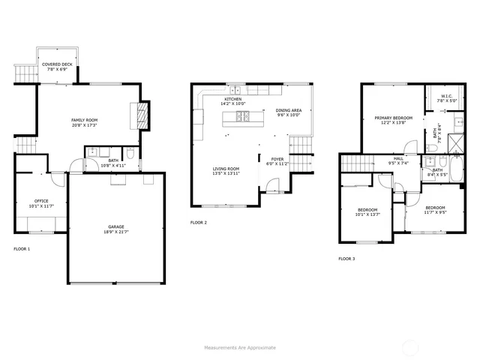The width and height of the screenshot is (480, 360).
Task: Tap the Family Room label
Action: pos(84,120)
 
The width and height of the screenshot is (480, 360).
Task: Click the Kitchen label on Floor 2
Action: pos(233,100)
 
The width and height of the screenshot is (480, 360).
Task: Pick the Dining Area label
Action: pos(288,111)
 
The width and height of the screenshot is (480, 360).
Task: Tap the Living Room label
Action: pos(226,169)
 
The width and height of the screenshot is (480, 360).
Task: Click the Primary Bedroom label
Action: pos(393,118)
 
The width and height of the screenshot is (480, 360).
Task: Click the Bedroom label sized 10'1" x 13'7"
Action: pos(367,209)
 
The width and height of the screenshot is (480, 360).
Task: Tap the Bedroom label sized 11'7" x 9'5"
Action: pos(435,207)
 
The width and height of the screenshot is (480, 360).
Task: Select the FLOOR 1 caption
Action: pos(22,248)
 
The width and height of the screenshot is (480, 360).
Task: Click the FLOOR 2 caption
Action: pos(198,223)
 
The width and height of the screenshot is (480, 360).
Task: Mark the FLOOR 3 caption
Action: pos(346,258)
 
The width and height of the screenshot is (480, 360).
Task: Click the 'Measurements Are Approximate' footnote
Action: pos(240,347)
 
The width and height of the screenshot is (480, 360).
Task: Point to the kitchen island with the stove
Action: pos(233,116)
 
